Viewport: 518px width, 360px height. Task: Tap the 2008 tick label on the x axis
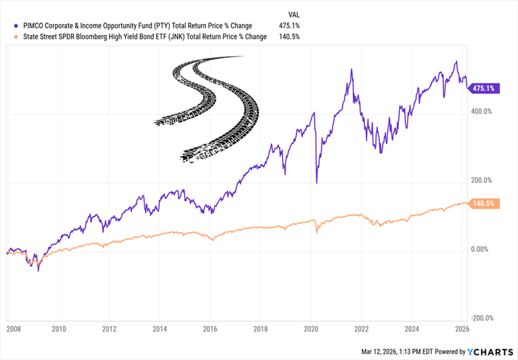coord(13,328)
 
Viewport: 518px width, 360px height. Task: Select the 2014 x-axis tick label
coord(159,328)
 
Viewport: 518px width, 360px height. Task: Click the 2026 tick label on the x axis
coord(462,328)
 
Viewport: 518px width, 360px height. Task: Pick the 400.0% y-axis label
coord(482,111)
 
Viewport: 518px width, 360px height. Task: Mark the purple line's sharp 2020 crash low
coord(317,183)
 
